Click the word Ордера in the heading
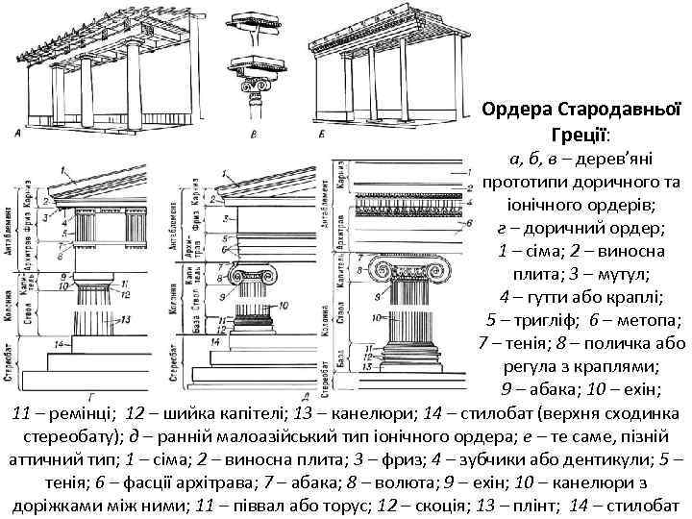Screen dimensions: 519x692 (x=519, y=109)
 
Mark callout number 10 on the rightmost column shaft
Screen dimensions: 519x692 (x=378, y=316)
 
